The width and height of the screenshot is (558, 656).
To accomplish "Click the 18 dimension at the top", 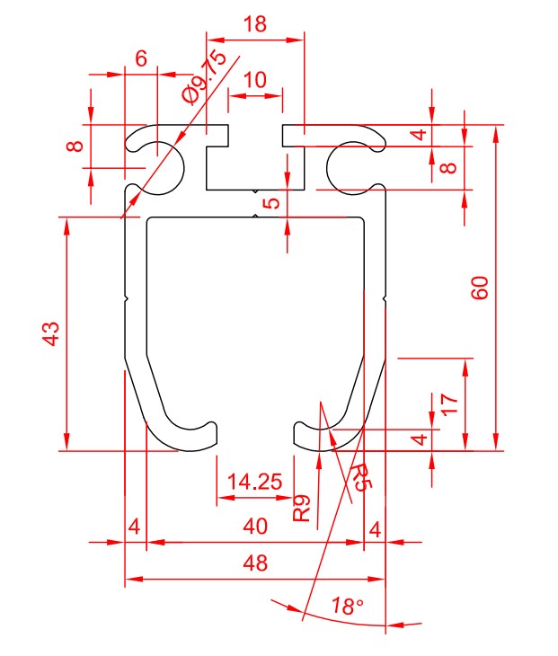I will tap(255, 24).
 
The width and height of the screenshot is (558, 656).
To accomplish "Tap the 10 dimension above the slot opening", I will tap(254, 79).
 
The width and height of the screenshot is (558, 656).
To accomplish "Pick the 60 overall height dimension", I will tap(481, 288).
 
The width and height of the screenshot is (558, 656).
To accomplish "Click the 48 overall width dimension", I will tap(255, 563).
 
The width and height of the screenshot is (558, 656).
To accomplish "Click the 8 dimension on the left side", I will tap(77, 145).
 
